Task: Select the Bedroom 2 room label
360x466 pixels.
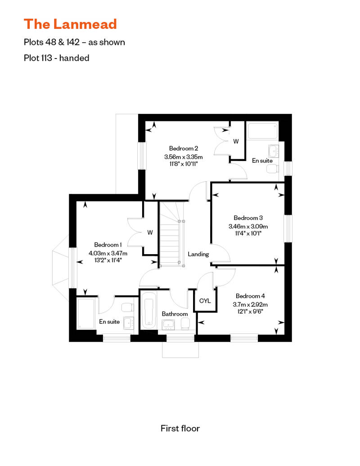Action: (x=184, y=148)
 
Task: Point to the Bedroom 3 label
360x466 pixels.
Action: (x=248, y=218)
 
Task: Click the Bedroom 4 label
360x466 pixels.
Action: (x=250, y=296)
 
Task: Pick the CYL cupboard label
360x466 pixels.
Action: (x=205, y=301)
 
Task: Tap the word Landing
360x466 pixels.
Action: (x=198, y=254)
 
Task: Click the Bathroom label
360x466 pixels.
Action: (x=175, y=314)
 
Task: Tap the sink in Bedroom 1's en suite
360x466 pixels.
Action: (x=128, y=323)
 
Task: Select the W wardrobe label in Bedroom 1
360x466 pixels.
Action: (x=150, y=233)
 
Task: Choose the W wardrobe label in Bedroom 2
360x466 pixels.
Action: (x=235, y=141)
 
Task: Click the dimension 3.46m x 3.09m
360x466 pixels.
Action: (x=248, y=227)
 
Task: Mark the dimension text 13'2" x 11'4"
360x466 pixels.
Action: (x=108, y=260)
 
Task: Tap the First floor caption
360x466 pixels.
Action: (x=180, y=429)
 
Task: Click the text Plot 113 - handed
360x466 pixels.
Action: (x=56, y=58)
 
